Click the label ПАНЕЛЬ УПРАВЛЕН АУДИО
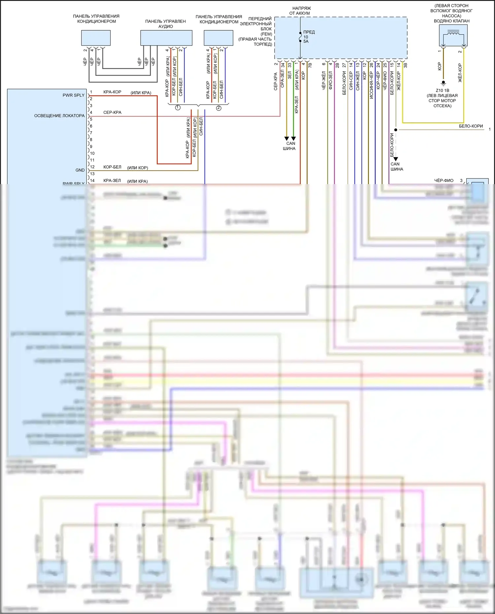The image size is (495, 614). pos(165,24)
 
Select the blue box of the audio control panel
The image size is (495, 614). pos(166,38)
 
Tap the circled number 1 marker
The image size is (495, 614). pos(178,108)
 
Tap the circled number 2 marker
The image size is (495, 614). pos(218,108)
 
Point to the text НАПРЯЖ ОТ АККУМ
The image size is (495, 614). pos(300,11)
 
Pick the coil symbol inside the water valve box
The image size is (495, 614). pos(453,33)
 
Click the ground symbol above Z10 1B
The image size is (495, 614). pos(443,82)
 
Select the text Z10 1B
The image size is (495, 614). pos(443,90)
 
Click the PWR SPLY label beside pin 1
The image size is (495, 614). pos(74,95)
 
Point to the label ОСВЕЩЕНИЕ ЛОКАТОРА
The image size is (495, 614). pos(59,116)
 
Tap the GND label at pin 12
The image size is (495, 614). pos(80,170)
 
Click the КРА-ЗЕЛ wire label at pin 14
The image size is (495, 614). pos(112,181)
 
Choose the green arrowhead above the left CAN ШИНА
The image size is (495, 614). pos(293,139)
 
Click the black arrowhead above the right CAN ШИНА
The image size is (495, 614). pos(396,159)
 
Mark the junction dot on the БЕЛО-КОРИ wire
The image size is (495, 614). pos(396,130)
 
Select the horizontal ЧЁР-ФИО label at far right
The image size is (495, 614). pos(444,180)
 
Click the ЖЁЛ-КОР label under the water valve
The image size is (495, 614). pos(460,73)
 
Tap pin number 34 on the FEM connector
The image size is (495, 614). pos(283,65)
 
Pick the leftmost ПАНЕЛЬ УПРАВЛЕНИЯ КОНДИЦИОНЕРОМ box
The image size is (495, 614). pos(96,38)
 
